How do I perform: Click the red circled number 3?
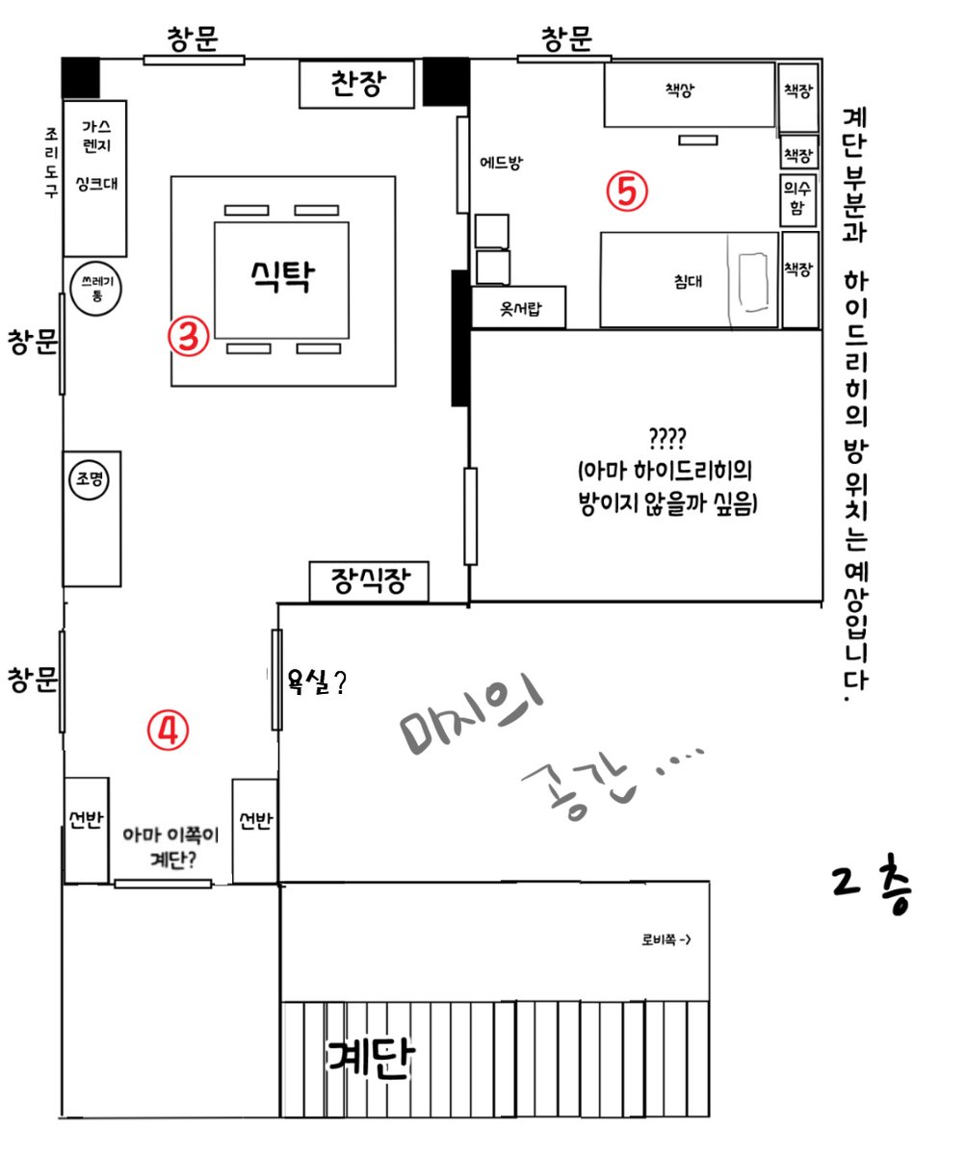tap(189, 336)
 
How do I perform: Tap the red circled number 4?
tap(168, 731)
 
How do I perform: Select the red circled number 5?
tap(627, 192)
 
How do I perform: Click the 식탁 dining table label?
tap(283, 276)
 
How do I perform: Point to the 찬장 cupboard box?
tap(356, 84)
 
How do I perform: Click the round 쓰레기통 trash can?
tap(96, 288)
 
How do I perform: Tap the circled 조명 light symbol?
tap(89, 479)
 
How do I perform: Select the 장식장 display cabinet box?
tap(369, 581)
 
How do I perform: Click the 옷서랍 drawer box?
tap(519, 308)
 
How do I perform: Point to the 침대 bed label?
tap(688, 281)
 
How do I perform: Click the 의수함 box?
tap(797, 199)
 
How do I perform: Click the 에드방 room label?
tap(501, 163)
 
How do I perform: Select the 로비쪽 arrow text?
tap(666, 939)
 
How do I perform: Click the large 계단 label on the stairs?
tap(370, 1058)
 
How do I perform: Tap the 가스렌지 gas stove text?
tap(96, 136)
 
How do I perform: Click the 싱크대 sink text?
tap(97, 183)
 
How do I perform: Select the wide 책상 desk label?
tap(680, 90)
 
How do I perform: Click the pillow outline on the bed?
tap(753, 282)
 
